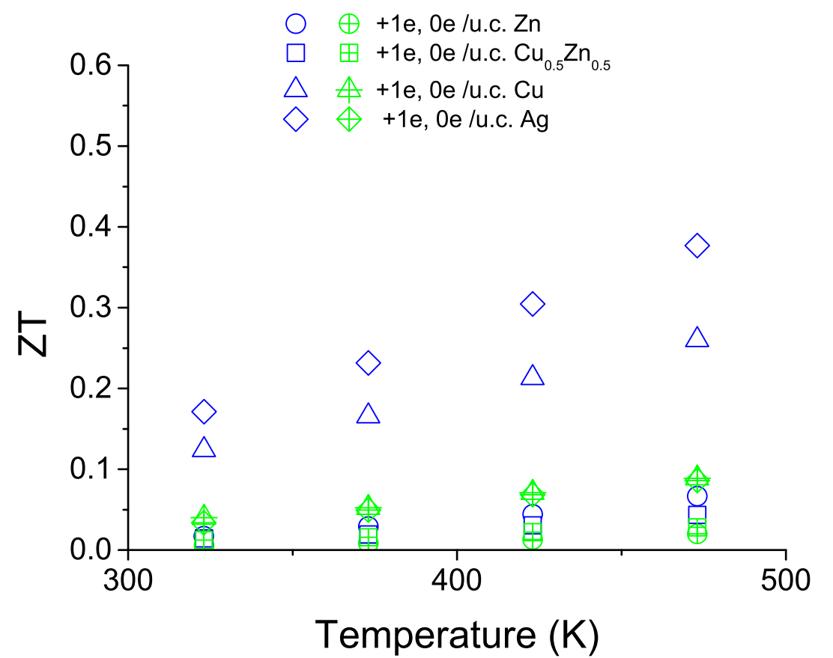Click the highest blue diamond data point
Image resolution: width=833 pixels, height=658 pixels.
pyautogui.click(x=697, y=246)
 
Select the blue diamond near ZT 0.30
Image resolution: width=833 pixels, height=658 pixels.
pyautogui.click(x=532, y=304)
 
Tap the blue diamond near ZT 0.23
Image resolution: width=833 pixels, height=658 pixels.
pyautogui.click(x=368, y=363)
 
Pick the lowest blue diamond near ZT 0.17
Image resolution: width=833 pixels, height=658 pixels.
pyautogui.click(x=204, y=412)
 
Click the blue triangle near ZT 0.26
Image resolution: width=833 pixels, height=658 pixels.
pyautogui.click(x=697, y=338)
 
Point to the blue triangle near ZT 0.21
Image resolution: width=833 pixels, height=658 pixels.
pyautogui.click(x=532, y=376)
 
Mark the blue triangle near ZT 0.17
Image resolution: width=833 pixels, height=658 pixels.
pyautogui.click(x=368, y=415)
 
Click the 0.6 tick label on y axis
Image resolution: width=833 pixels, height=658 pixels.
pyautogui.click(x=91, y=65)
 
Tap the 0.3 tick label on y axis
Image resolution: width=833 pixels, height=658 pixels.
pyautogui.click(x=91, y=308)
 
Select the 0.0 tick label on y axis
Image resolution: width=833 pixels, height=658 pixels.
pyautogui.click(x=91, y=550)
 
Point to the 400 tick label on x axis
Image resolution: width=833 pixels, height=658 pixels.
pyautogui.click(x=457, y=580)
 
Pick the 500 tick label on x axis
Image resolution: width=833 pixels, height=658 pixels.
pyautogui.click(x=785, y=580)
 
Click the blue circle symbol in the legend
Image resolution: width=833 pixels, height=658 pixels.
pyautogui.click(x=296, y=24)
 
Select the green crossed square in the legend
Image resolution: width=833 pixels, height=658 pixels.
pyautogui.click(x=348, y=52)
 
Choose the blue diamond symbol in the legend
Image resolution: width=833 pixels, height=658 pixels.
pyautogui.click(x=296, y=119)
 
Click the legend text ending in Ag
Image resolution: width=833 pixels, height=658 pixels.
pyautogui.click(x=466, y=119)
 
